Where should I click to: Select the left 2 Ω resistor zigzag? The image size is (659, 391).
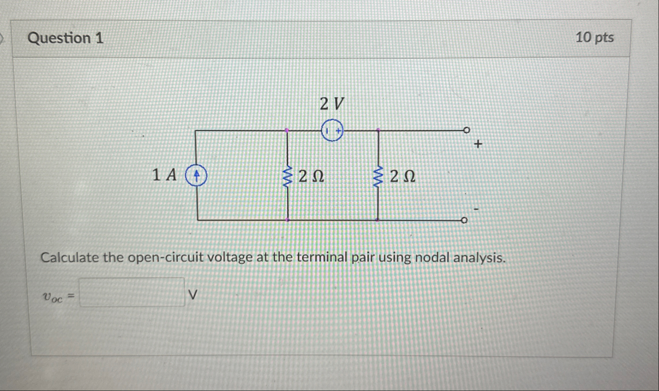pos(287,176)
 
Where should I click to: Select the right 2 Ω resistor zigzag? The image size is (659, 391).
pos(378,176)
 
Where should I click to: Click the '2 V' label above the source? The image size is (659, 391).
pos(332,103)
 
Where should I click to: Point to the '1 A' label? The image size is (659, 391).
pos(165,175)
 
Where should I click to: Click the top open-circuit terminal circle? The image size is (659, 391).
pos(465,131)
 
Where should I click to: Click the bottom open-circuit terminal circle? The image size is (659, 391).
pos(464,221)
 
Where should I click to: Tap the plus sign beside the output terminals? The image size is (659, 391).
pos(478,145)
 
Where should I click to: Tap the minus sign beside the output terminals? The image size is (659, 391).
pos(476,209)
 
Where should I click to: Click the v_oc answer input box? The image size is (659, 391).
pos(132,293)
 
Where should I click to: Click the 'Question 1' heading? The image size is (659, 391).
pos(65,38)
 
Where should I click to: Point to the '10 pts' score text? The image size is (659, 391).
pos(595,38)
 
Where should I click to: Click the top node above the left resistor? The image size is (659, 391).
pos(287,131)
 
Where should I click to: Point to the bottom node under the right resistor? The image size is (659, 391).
pos(378,220)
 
